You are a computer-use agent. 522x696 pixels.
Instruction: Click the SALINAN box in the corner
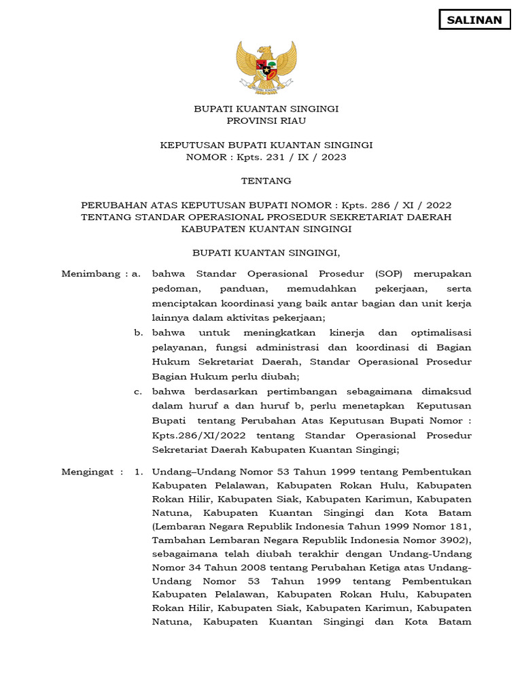click(474, 20)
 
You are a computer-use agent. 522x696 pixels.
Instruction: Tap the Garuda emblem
click(266, 67)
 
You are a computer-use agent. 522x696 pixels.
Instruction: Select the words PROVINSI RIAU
click(266, 121)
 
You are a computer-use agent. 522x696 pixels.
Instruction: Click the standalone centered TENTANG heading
click(266, 181)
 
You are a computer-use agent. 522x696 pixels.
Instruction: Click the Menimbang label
click(92, 274)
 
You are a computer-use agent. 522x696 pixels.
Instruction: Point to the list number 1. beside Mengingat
click(138, 471)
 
